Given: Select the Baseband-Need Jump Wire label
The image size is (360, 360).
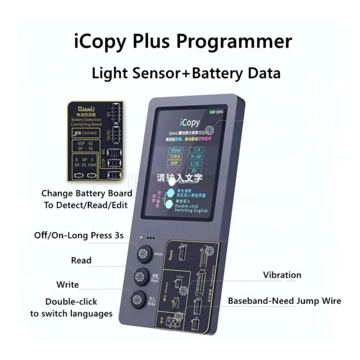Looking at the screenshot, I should coord(284,301).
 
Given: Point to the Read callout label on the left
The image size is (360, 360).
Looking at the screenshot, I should coord(81,260).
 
